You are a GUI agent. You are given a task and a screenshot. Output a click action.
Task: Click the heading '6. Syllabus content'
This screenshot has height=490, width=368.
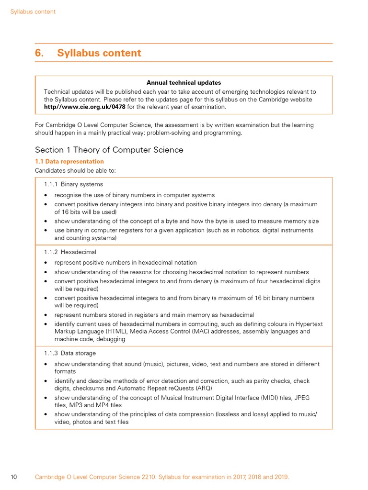[88, 53]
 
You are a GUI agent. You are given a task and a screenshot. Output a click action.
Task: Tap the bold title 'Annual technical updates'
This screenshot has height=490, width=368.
[184, 83]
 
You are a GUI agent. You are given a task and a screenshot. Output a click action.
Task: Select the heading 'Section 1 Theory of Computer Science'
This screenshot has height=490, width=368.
[109, 150]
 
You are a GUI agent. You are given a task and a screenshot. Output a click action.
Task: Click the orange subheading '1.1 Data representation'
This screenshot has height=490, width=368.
[69, 162]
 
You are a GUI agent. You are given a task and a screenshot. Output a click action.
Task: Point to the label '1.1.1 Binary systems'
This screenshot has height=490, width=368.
[73, 184]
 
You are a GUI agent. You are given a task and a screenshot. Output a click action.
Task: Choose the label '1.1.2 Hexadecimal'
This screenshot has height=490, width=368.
[70, 252]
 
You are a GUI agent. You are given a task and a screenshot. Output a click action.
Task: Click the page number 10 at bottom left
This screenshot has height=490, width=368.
[14, 477]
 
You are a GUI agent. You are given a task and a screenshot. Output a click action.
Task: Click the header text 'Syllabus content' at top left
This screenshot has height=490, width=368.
[33, 11]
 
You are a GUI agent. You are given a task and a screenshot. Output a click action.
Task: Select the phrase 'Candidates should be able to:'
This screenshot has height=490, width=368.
[75, 171]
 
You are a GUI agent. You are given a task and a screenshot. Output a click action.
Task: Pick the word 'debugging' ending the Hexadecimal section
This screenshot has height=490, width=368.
[111, 339]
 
